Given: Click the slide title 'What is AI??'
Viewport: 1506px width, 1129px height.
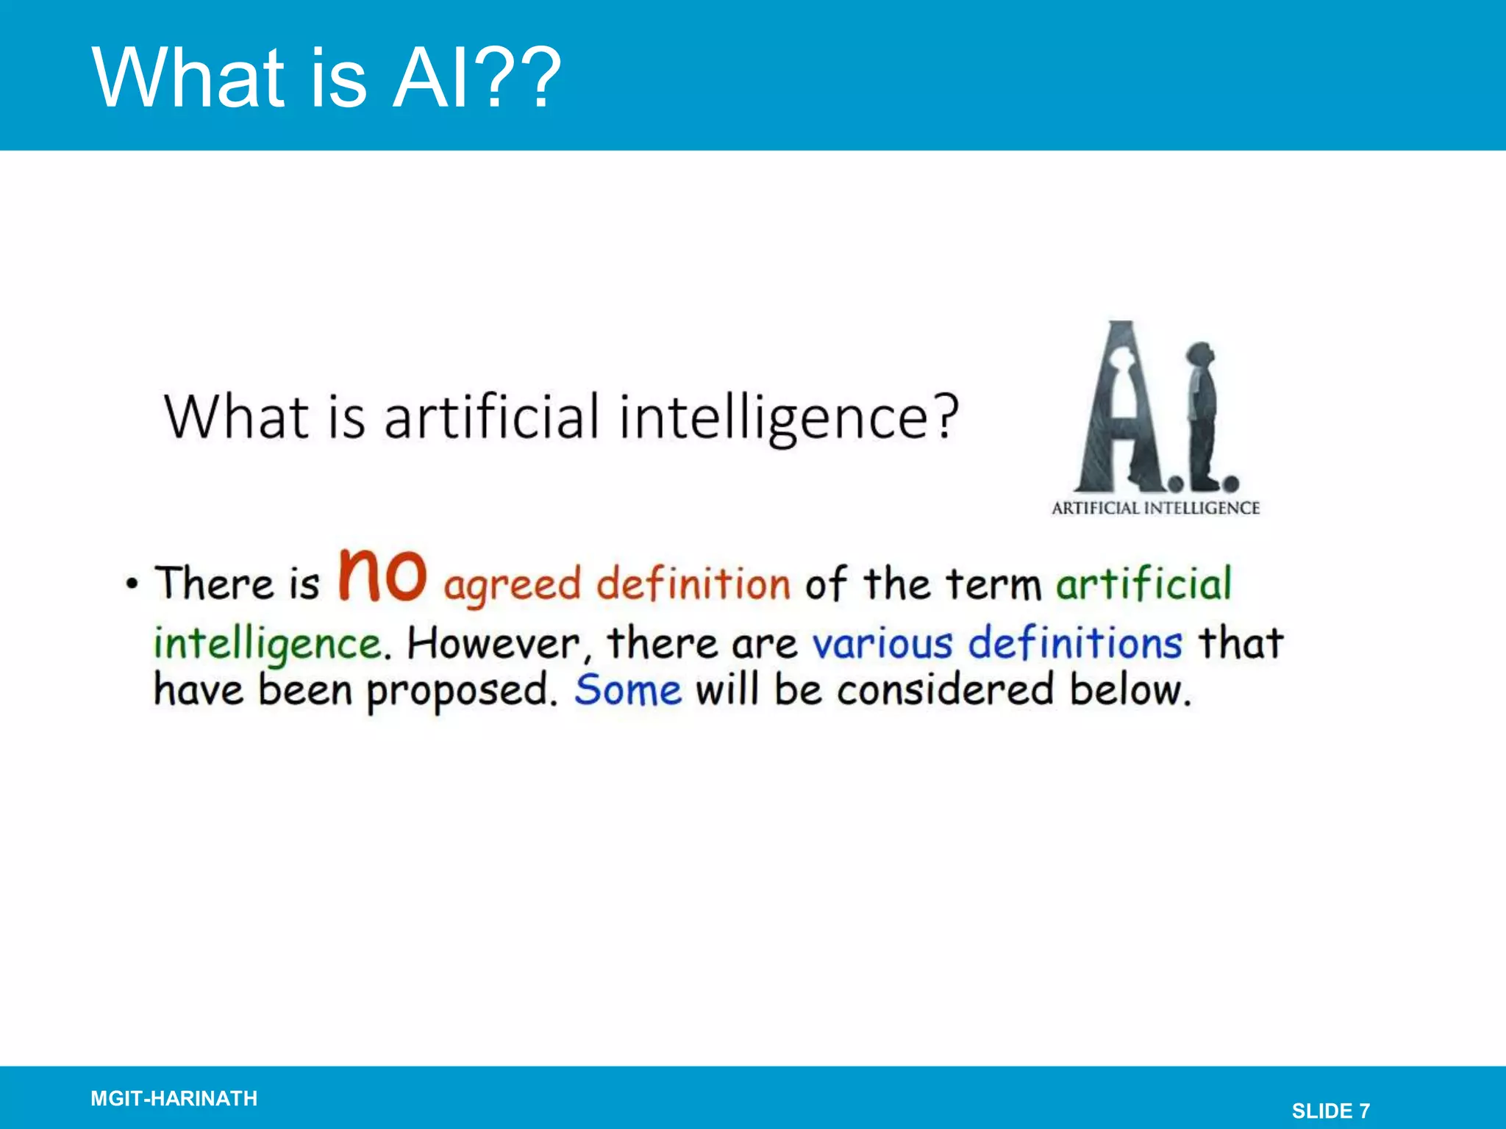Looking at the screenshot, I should coord(326,78).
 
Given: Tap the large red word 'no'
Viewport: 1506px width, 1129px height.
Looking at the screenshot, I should coord(382,576).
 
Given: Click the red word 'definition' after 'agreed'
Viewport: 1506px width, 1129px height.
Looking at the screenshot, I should coord(693,584).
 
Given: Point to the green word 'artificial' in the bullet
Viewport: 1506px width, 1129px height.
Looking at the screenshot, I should coord(1143,584).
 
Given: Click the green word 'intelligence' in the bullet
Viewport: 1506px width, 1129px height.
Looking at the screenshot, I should coord(267,645).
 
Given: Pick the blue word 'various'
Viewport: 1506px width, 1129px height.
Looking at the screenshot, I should coord(882,645).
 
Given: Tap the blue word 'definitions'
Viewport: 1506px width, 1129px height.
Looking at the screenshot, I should coord(1074,643).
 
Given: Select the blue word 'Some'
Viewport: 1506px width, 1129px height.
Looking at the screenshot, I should coord(628,691).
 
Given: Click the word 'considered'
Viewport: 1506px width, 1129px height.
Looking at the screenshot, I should coord(946,691).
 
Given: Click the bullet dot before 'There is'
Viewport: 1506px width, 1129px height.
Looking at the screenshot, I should coord(132,584).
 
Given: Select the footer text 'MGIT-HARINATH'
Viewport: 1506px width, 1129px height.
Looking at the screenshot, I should coord(174,1098).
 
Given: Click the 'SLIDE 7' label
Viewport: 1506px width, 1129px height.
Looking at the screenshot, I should coord(1330,1111).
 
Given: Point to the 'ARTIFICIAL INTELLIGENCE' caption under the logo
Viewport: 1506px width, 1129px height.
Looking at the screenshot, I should coord(1155,508).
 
